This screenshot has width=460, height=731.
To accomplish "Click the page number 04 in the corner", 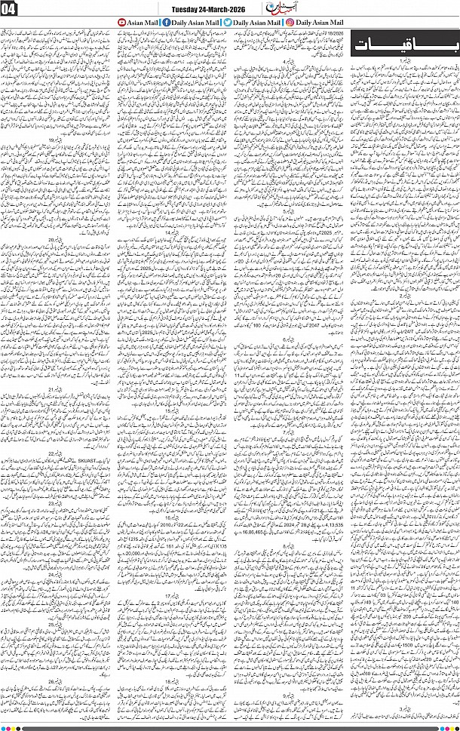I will click(11, 11).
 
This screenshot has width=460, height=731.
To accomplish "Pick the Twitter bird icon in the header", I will click(228, 23).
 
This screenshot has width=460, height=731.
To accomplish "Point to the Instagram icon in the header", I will click(291, 23).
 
